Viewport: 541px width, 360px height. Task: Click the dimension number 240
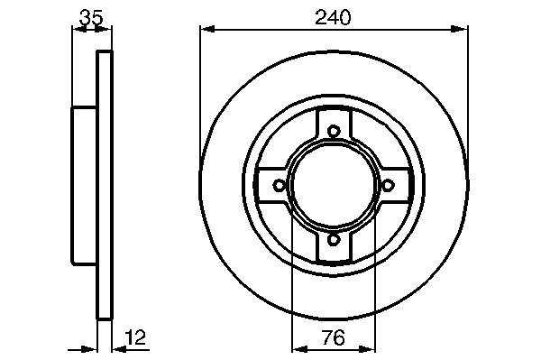[333, 17]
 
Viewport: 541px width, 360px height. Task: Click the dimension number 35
[91, 18]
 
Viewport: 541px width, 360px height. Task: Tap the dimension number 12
[136, 337]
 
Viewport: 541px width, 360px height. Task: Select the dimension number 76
[334, 337]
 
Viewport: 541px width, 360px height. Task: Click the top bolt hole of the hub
[334, 131]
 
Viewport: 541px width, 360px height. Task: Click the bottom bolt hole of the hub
[334, 239]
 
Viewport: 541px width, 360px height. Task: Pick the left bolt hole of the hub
[280, 185]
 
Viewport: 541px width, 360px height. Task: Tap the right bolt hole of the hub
[388, 185]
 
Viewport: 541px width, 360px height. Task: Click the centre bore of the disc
[334, 185]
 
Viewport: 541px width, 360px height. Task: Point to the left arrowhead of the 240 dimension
[208, 30]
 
